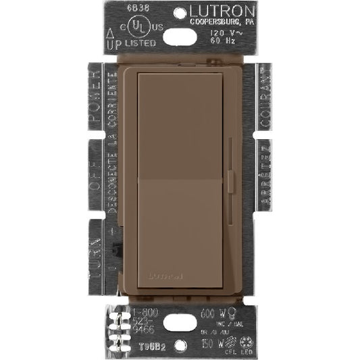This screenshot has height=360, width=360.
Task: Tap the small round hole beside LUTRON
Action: [x=180, y=11]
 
